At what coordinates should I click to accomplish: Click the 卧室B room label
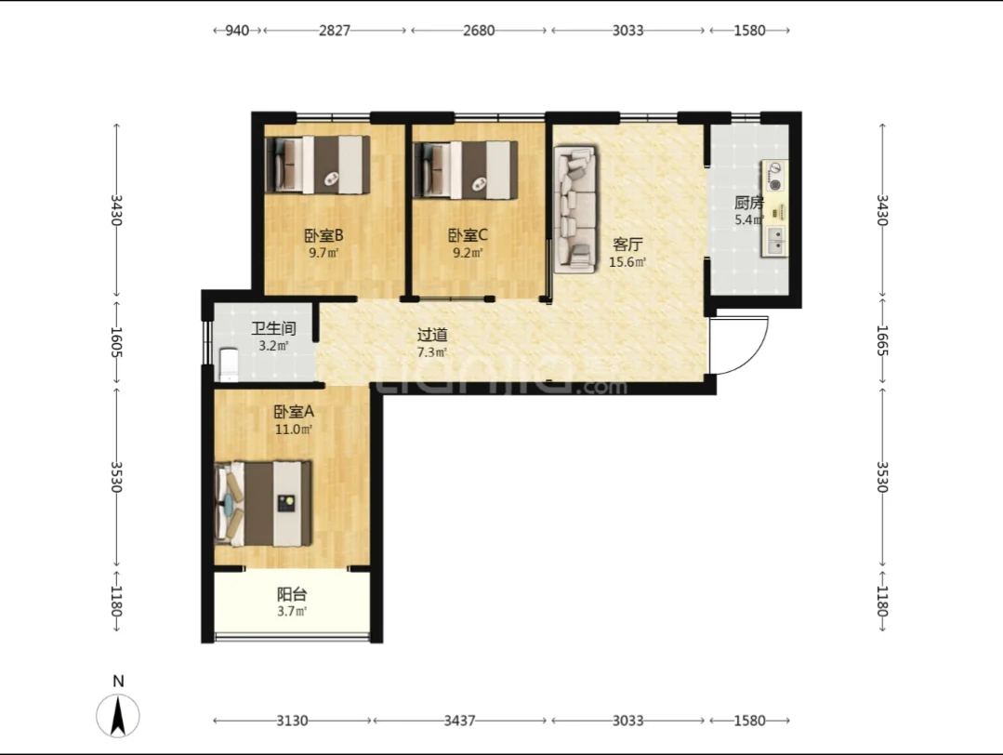pos(323,235)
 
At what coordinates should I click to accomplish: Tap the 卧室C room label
pos(468,235)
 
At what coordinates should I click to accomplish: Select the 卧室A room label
pos(294,412)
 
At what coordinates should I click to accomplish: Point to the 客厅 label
pos(627,245)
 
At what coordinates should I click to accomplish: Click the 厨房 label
pos(749,203)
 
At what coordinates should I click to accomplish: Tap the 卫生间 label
pos(274,329)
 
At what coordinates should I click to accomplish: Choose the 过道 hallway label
pos(432,335)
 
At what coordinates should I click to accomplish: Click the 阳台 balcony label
pos(292,594)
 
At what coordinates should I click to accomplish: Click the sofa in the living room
pos(575,209)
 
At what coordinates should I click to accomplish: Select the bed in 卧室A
pos(264,504)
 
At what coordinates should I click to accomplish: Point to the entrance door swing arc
pos(754,356)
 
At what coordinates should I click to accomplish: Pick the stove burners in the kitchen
pos(774,177)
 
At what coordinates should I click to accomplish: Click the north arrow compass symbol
pos(118,715)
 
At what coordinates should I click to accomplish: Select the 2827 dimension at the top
pos(335,30)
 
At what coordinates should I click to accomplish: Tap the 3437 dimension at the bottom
pos(459,721)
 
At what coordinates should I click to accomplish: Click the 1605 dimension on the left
pos(116,342)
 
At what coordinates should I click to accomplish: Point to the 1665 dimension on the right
pos(882,341)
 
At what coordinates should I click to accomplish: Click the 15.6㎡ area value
pos(627,261)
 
